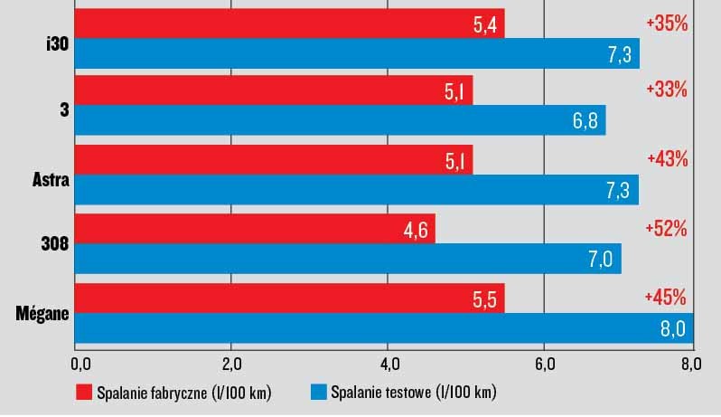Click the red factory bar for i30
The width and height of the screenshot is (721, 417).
tap(289, 24)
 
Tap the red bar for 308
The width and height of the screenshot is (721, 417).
tap(254, 228)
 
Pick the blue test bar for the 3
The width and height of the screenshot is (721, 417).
tap(340, 120)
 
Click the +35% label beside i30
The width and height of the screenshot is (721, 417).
tap(667, 24)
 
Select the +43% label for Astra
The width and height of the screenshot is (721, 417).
tap(667, 158)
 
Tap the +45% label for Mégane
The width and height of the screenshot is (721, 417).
tap(667, 297)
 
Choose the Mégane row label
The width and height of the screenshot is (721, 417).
tap(43, 314)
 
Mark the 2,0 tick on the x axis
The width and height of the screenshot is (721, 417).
tap(231, 364)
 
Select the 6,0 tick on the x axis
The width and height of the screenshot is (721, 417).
tap(543, 364)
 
